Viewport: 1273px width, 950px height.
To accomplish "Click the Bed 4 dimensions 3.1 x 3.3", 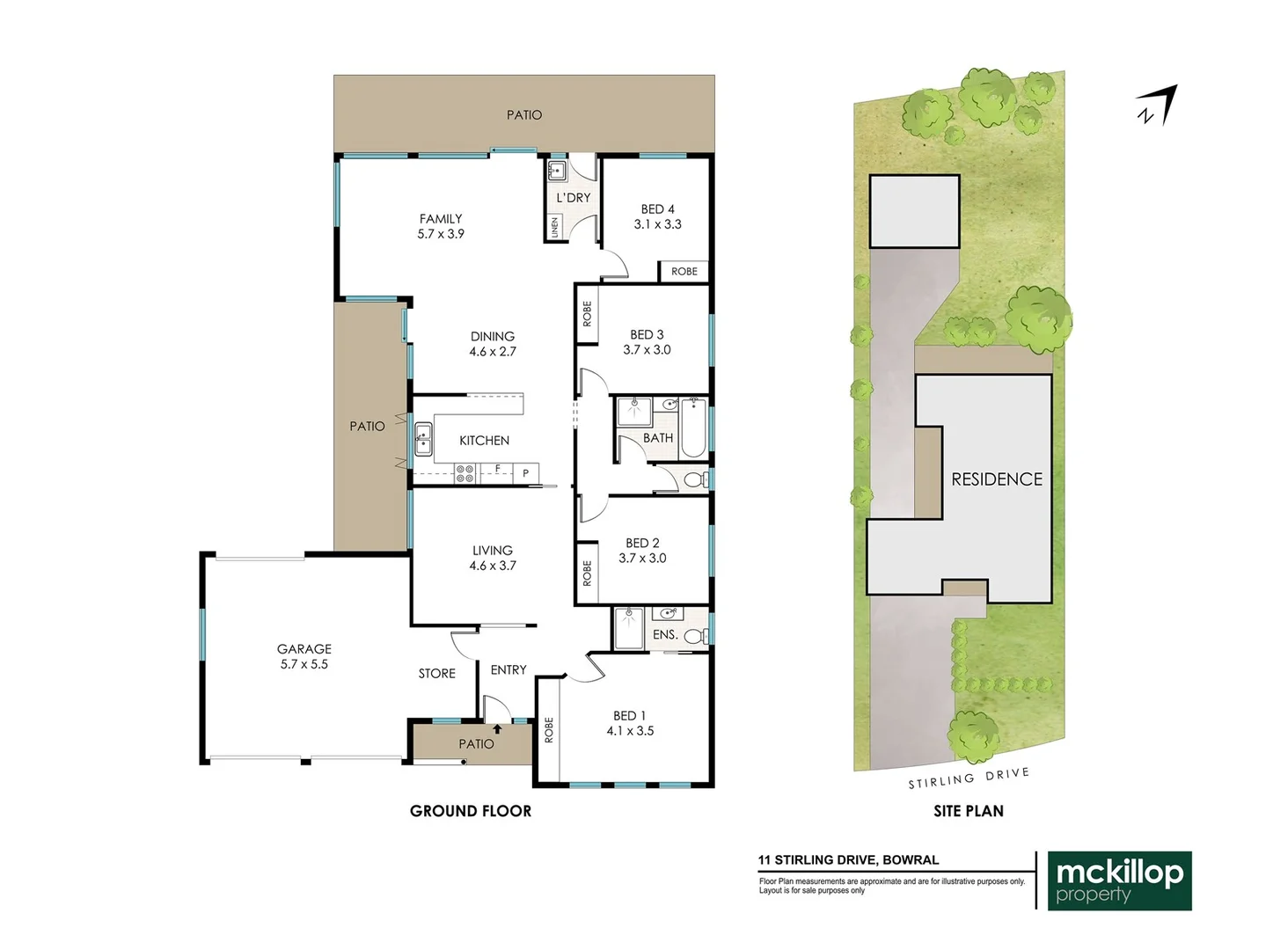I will (657, 224).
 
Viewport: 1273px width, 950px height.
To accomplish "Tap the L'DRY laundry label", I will (574, 198).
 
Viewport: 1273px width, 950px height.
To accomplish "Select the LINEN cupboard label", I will (555, 227).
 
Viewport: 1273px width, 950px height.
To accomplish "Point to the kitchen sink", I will (423, 439).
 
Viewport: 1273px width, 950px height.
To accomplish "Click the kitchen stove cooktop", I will (465, 474).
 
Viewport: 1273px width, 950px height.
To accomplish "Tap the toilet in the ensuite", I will (695, 636).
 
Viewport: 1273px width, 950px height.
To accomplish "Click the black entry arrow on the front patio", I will (497, 729).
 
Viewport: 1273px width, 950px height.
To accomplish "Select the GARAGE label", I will (304, 649).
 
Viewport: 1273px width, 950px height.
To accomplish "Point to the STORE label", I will (437, 674).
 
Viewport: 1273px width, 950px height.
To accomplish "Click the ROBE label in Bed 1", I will (549, 730).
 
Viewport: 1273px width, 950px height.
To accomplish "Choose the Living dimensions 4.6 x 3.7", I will (493, 566).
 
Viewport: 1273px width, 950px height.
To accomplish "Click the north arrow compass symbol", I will (1157, 106).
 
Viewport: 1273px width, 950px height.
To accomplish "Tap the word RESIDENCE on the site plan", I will (997, 479).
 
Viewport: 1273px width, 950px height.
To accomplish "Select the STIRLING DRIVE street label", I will (969, 778).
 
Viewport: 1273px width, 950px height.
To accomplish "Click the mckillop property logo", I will (1119, 881).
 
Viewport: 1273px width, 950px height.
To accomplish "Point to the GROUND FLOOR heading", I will (471, 811).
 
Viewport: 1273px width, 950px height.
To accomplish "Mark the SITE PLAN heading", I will (969, 811).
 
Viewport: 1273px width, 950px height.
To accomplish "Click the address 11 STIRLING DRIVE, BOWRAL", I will (848, 860).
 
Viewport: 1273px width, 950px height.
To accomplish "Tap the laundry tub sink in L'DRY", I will (557, 170).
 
